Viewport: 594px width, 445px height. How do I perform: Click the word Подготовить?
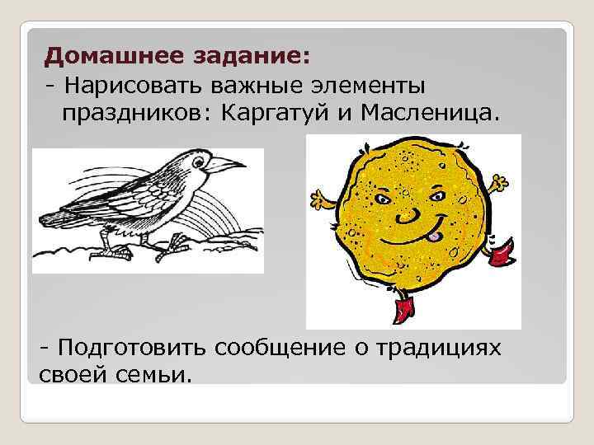pos(132,349)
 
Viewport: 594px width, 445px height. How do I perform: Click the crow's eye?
pos(197,156)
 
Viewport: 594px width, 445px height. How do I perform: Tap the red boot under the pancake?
pos(403,310)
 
